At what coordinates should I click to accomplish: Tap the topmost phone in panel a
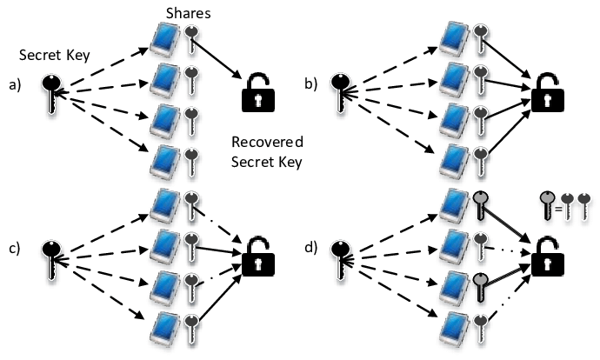point(165,37)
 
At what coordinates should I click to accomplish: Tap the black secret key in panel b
point(346,91)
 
